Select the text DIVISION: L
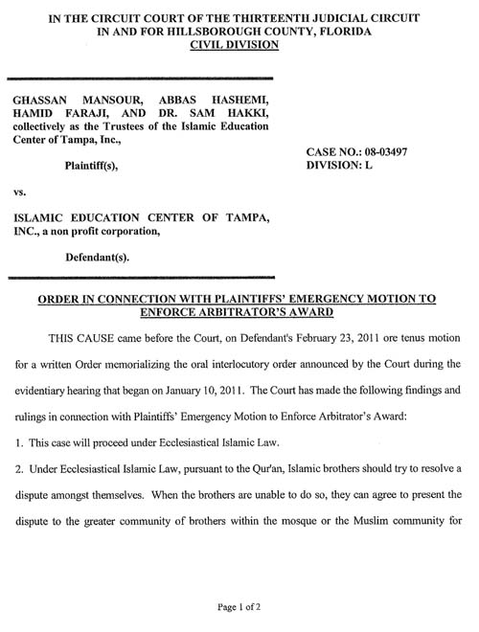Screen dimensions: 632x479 (x=339, y=166)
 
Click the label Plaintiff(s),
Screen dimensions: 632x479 (x=96, y=165)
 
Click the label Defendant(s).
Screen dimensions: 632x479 (x=98, y=258)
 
